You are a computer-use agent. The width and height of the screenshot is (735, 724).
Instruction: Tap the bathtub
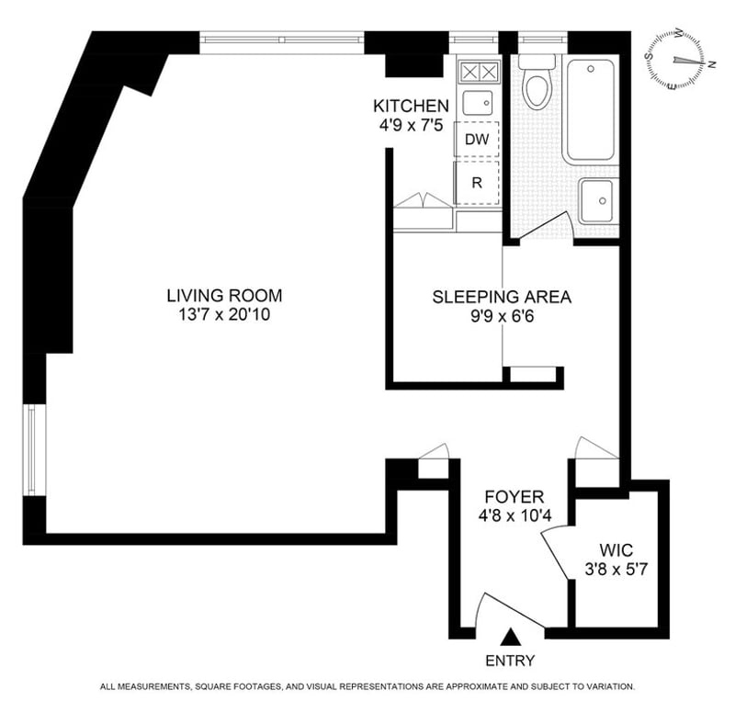pyautogui.click(x=591, y=110)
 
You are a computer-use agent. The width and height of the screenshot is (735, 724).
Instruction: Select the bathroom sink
pyautogui.click(x=596, y=201)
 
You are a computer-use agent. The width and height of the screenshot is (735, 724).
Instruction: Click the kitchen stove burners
pyautogui.click(x=479, y=73)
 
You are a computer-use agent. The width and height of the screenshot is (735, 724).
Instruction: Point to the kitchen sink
pyautogui.click(x=478, y=103)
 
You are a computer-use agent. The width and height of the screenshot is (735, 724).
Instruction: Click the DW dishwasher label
pyautogui.click(x=477, y=140)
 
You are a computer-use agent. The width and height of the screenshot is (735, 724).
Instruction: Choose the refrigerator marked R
pyautogui.click(x=476, y=183)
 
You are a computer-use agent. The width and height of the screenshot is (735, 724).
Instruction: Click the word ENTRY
pyautogui.click(x=510, y=661)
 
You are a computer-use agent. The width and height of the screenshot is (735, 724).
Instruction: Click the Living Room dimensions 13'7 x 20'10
pyautogui.click(x=224, y=314)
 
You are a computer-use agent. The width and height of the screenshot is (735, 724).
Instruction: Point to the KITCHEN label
pyautogui.click(x=411, y=106)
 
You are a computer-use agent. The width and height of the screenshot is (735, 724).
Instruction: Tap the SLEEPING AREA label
pyautogui.click(x=502, y=297)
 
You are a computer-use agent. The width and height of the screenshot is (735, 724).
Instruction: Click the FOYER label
pyautogui.click(x=514, y=496)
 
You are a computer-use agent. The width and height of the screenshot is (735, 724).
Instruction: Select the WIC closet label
pyautogui.click(x=616, y=550)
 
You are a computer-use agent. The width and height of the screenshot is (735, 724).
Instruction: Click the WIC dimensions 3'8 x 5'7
pyautogui.click(x=616, y=570)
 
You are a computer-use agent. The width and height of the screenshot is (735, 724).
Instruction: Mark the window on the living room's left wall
pyautogui.click(x=31, y=450)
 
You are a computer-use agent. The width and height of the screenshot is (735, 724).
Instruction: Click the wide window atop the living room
pyautogui.click(x=282, y=40)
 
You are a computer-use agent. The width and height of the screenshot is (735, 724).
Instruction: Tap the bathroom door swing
pyautogui.click(x=547, y=228)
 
